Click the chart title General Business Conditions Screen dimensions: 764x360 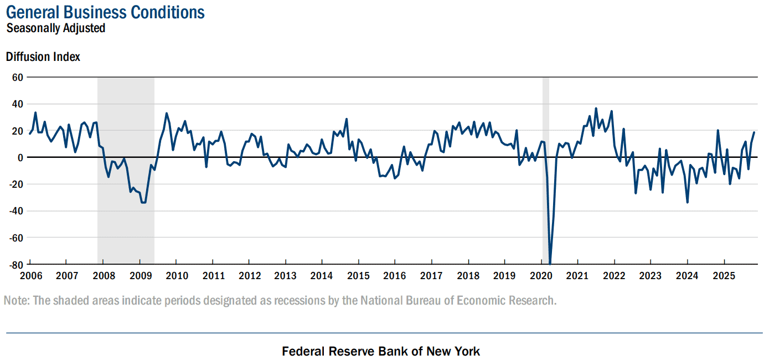(105, 12)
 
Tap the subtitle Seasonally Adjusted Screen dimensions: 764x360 (55, 28)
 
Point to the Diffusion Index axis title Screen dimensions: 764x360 (43, 56)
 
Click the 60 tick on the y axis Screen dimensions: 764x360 (17, 78)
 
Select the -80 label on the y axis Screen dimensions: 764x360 (16, 265)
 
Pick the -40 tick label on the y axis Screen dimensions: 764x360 (16, 211)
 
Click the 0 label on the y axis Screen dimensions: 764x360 (20, 158)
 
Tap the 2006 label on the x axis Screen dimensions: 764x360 (31, 276)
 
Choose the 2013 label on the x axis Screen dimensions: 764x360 (286, 276)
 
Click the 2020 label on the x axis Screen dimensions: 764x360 (541, 276)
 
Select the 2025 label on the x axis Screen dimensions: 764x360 (724, 276)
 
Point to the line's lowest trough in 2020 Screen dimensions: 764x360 (550, 264)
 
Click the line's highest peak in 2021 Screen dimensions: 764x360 (596, 109)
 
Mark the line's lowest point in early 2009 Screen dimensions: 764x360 (143, 203)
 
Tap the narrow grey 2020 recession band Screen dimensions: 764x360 (546, 171)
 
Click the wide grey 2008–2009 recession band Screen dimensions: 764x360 (126, 171)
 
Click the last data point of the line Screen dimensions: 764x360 (754, 132)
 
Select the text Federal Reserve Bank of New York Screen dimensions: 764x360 (381, 351)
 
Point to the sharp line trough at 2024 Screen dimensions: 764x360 (687, 202)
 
